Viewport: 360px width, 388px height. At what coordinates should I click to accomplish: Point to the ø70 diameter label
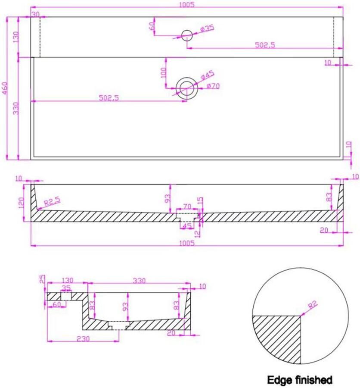(213, 86)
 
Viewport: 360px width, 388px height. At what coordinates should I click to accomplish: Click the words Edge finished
(300, 379)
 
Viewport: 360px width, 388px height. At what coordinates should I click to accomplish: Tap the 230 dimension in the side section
(83, 338)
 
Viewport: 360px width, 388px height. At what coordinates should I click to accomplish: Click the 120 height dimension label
(21, 203)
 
